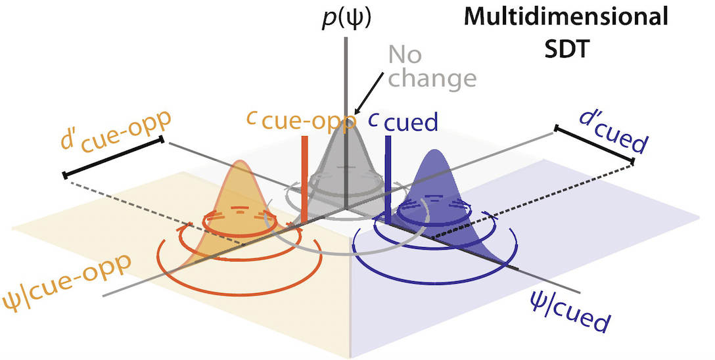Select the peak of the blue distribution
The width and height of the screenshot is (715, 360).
click(434, 152)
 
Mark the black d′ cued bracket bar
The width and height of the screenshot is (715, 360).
click(595, 145)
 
